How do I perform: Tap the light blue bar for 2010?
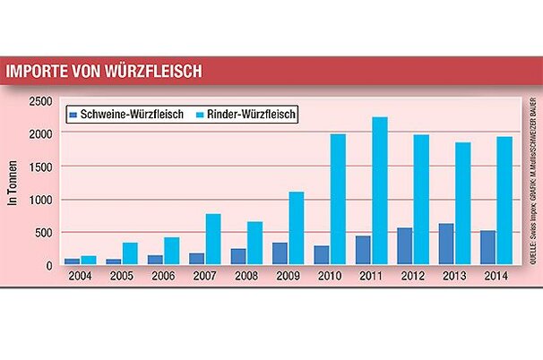point(338,199)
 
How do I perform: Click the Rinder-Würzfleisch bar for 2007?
point(213,227)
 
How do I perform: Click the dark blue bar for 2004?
point(72,261)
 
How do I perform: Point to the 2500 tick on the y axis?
point(40,101)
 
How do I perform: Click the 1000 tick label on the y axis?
point(40,200)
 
